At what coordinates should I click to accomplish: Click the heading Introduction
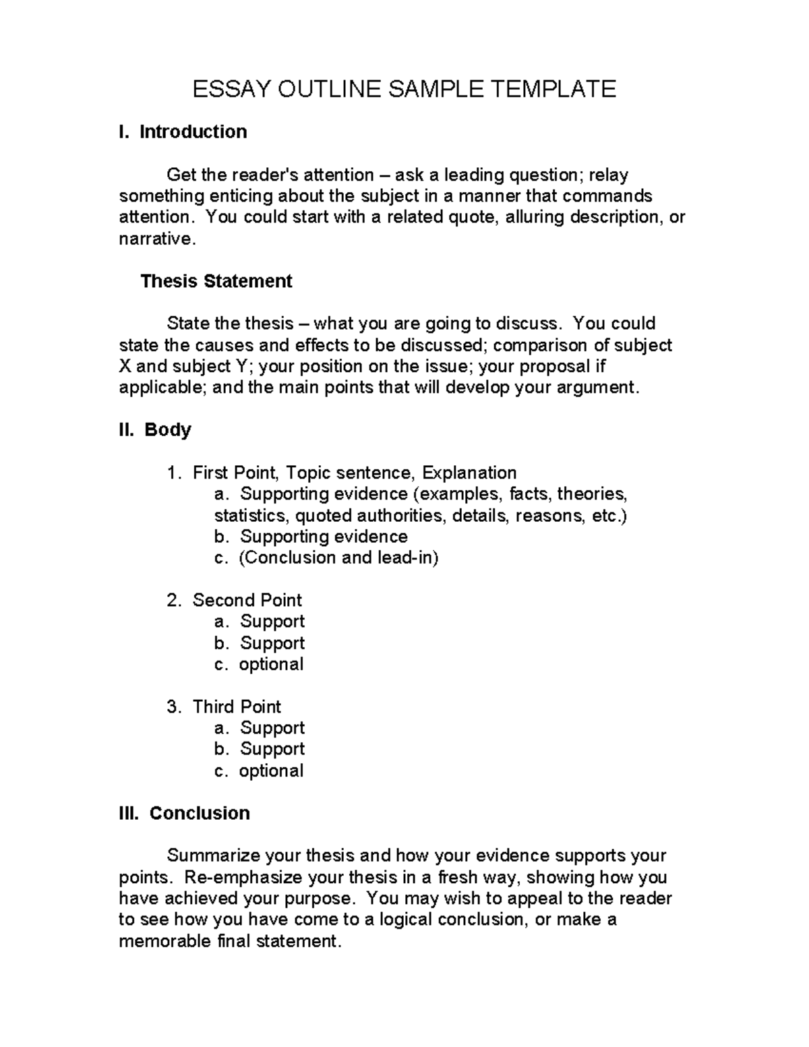click(193, 131)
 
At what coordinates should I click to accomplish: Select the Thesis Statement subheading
click(216, 281)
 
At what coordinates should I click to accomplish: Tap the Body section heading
click(167, 430)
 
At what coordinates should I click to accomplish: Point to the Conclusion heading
click(200, 813)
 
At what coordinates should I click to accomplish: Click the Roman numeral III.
click(128, 813)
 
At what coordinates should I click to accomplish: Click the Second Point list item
click(247, 600)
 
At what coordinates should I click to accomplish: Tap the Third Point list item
click(237, 707)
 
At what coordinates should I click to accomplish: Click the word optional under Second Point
click(271, 664)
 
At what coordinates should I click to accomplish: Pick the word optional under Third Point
click(271, 771)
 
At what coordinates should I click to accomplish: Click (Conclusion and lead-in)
click(338, 558)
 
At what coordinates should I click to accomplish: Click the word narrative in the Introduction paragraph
click(156, 239)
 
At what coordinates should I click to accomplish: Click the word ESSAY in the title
click(227, 89)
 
